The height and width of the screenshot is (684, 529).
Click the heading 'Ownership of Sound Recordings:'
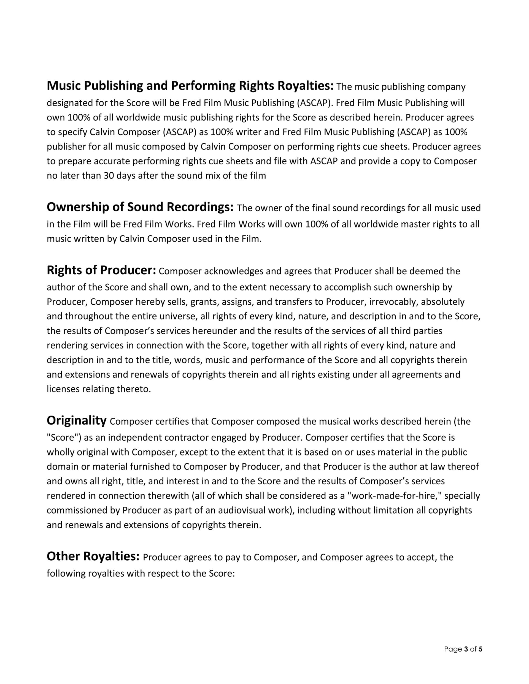[140, 207]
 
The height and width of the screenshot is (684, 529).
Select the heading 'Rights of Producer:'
[101, 270]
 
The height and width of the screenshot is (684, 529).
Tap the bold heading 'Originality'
[77, 420]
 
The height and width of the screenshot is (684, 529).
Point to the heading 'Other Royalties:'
[93, 556]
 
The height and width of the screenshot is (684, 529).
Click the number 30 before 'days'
[109, 176]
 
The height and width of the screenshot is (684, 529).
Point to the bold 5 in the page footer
[481, 649]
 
